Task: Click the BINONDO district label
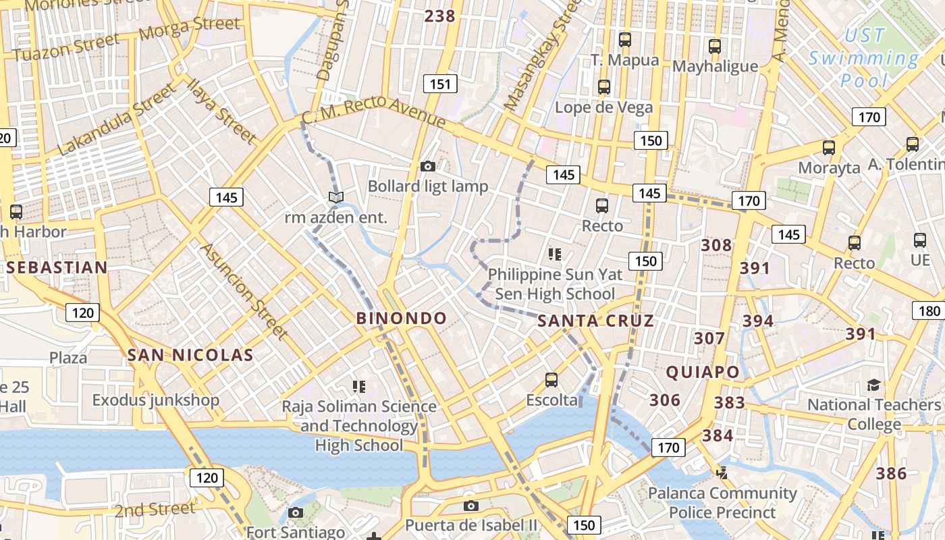401,319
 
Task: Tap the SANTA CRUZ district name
595,321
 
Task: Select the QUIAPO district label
703,372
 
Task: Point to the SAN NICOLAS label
190,355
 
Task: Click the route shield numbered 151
440,84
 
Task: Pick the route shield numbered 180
929,310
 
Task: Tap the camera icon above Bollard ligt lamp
427,166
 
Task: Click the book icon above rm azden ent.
335,197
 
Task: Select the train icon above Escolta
551,380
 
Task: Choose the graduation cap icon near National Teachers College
873,385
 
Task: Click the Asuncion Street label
244,291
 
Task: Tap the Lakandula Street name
116,120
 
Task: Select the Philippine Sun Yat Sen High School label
555,284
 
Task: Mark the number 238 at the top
440,16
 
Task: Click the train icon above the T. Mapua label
625,40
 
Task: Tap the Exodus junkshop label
156,400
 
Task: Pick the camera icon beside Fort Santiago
295,513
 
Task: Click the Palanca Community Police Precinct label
722,503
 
